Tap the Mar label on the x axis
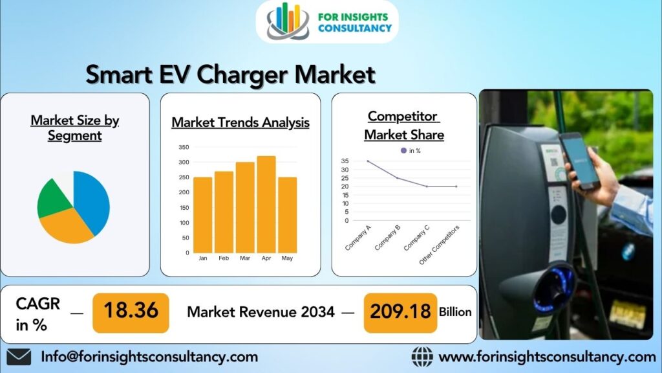245,258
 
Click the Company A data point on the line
368,161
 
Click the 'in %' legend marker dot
403,150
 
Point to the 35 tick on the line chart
345,161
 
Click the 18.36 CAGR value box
131,311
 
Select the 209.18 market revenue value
400,311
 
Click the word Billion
455,311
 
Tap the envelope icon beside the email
19,357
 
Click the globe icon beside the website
422,357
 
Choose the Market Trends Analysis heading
240,122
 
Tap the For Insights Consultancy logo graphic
288,21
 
